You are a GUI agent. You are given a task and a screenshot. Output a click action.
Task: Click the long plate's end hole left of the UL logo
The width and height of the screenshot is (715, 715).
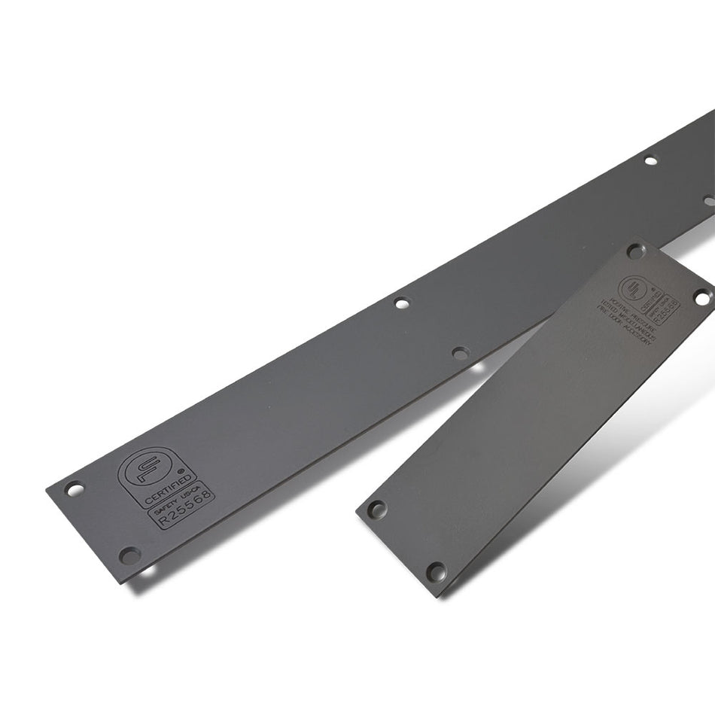74,489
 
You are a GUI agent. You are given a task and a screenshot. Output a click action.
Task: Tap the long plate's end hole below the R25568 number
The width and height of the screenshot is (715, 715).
129,555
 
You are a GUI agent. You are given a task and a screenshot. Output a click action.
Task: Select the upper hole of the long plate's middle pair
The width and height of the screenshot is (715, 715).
402,303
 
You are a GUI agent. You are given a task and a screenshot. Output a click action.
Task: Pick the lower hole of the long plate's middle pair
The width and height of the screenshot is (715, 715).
461,351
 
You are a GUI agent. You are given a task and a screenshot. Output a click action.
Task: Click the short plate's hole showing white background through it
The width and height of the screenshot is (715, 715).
701,298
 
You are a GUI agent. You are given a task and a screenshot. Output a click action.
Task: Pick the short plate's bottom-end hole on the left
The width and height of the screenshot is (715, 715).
376,509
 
